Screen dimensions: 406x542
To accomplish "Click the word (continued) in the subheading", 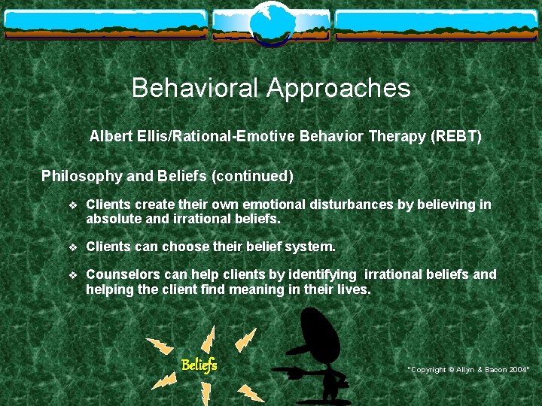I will coord(252,177).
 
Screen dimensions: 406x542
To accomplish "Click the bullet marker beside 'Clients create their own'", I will coord(72,205).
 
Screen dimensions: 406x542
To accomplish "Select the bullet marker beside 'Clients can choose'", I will coord(72,247).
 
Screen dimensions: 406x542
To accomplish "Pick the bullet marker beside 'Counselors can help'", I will coord(72,275).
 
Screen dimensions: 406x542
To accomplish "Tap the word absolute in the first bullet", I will coord(111,220).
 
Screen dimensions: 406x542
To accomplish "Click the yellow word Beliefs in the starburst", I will coord(199,365).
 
